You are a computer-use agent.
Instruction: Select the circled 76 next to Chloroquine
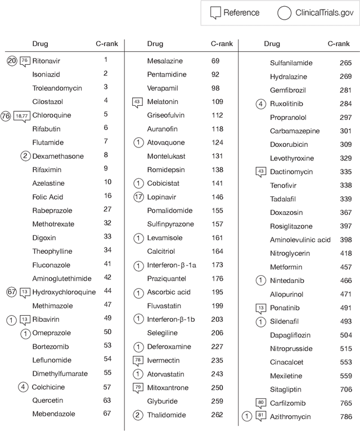coord(6,115)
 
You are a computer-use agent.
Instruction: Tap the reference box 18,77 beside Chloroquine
coord(21,115)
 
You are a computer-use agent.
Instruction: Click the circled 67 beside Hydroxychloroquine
coord(11,291)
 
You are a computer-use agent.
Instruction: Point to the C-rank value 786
coord(345,416)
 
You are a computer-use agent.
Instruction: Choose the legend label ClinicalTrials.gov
coord(320,13)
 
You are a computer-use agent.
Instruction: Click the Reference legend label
coord(241,13)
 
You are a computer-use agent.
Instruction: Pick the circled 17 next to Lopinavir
coord(138,197)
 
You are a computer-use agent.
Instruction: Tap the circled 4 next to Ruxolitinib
coord(260,104)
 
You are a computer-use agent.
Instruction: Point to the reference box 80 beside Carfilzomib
coord(260,403)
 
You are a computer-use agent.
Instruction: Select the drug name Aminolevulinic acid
coord(300,240)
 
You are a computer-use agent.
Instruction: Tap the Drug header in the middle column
coord(155,43)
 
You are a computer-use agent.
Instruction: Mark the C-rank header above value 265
coord(338,43)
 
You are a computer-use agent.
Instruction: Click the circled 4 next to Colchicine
coord(22,387)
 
